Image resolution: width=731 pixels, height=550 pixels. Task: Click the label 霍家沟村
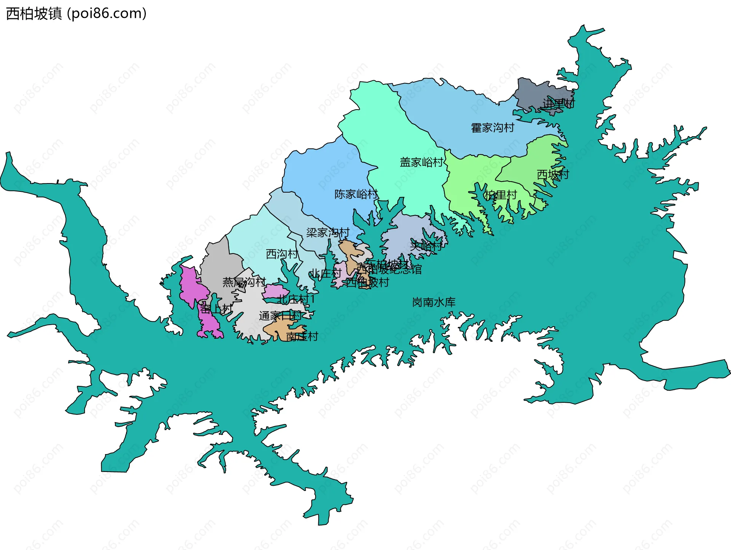492,128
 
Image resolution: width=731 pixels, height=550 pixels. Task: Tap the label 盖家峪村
421,163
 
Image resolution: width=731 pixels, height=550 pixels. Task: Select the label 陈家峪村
356,194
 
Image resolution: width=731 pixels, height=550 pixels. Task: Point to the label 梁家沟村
328,233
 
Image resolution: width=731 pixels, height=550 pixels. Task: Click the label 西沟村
282,254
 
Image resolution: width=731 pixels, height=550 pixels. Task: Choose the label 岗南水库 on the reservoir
434,303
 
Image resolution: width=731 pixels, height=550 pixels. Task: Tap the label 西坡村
553,175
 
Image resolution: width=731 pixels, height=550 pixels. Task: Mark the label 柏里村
500,195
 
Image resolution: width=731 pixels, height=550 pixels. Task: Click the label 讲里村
559,104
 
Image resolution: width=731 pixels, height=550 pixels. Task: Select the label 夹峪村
426,247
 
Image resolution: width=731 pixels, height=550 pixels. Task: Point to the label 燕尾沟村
244,282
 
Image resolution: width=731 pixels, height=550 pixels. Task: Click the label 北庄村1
296,300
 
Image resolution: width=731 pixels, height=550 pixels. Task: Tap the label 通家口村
280,316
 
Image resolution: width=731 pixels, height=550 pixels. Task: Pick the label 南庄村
302,337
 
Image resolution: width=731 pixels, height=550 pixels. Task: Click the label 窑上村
216,309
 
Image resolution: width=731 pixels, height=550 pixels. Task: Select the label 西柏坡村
367,283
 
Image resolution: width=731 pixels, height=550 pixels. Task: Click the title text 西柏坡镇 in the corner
34,14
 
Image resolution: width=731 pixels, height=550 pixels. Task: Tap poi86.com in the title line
107,14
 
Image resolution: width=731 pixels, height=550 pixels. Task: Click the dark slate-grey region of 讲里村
533,91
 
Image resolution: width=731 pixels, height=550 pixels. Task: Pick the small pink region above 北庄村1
275,291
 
